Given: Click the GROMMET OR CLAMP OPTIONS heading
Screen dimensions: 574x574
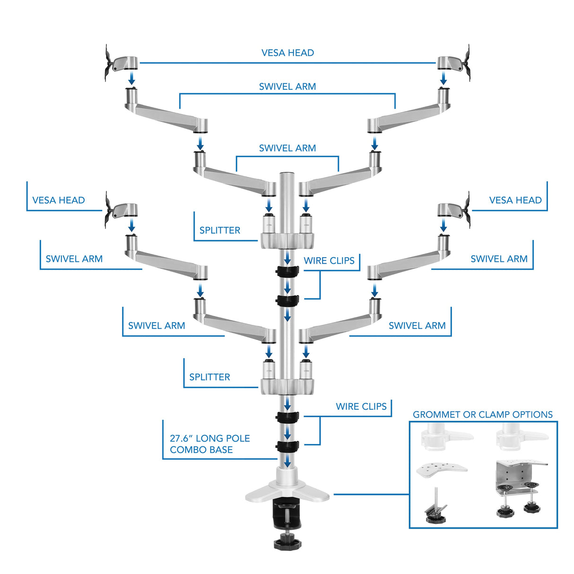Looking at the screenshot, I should pos(482,415).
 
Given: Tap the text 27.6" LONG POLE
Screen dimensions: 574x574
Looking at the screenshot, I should pos(209,438).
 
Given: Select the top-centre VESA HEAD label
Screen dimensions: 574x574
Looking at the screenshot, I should pos(287,53).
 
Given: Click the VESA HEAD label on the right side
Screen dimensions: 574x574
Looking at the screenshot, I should pos(515,200).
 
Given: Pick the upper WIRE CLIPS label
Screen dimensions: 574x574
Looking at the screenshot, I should pos(329,261).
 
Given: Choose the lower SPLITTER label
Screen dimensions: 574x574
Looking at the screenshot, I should pos(209,377).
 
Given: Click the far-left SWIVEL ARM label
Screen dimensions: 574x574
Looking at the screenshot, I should pos(74,259).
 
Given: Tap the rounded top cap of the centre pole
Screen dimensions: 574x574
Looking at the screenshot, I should pos(287,175).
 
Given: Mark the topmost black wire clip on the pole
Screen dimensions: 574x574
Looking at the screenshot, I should pos(287,271).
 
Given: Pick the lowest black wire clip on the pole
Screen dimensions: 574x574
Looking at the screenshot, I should pos(287,446).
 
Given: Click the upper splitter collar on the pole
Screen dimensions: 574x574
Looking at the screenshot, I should pos(287,240).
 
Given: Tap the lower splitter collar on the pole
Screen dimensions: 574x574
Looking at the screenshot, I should pos(287,386).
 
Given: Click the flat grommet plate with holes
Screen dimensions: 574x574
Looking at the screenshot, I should pos(441,470).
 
